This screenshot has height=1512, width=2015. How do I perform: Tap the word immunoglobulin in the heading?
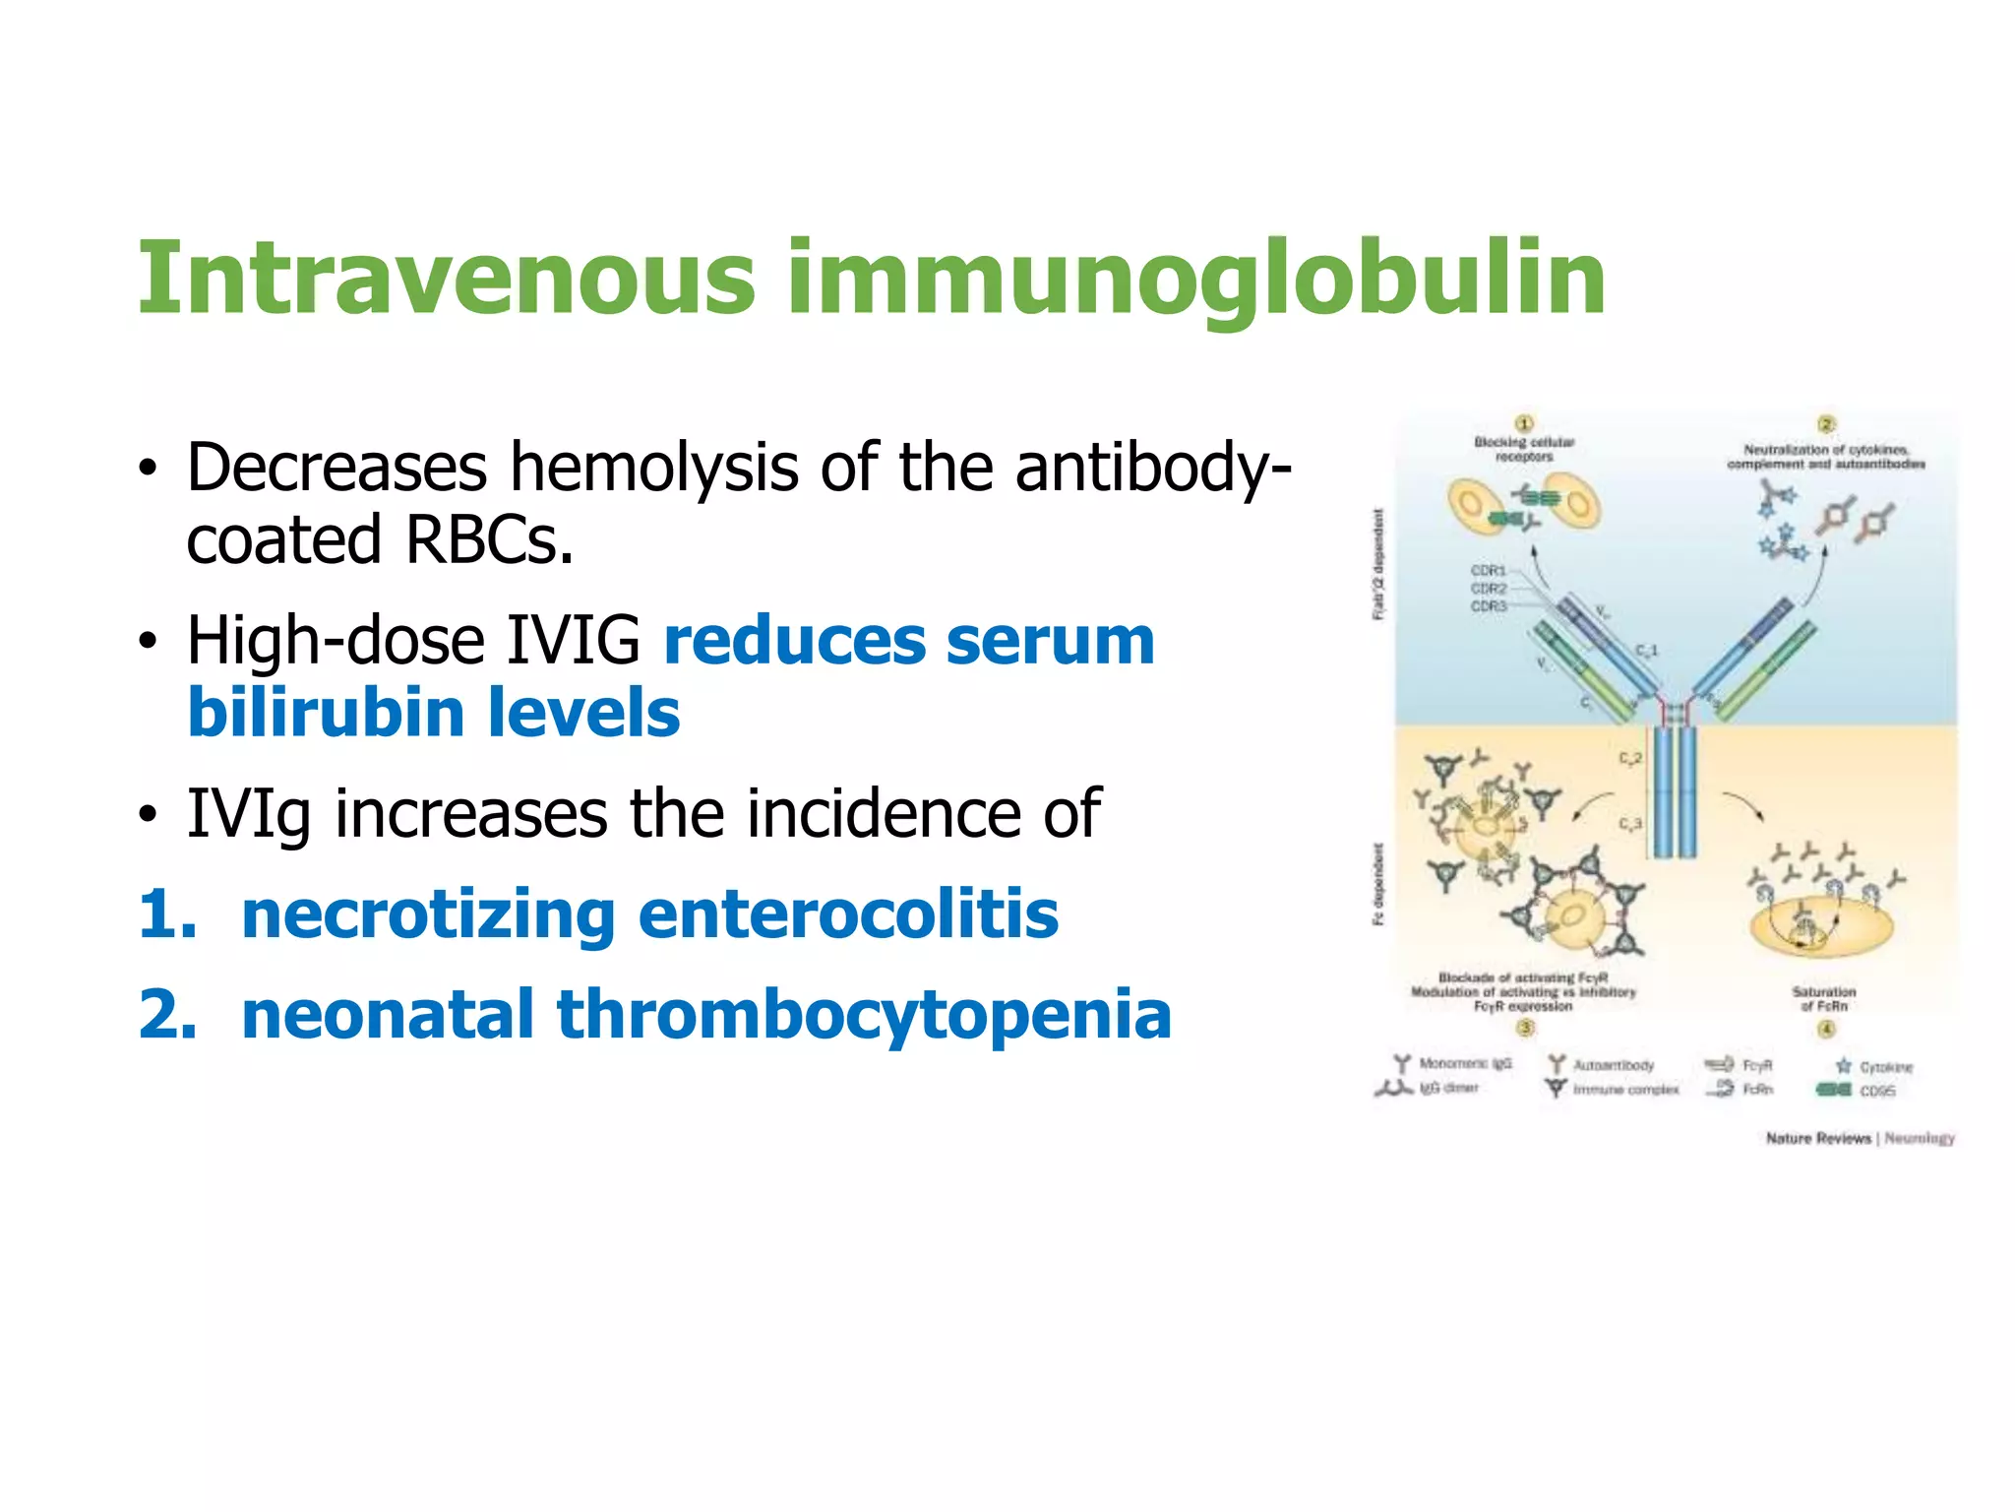click(1195, 281)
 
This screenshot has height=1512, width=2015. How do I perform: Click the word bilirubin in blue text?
click(324, 713)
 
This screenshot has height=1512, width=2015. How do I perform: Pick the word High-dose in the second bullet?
click(336, 640)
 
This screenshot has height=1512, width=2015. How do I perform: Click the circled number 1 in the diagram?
click(1524, 424)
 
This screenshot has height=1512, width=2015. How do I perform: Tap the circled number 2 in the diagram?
click(1826, 424)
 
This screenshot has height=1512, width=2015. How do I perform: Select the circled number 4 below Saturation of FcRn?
click(1826, 1029)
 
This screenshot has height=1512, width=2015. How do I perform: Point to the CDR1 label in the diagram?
click(1489, 571)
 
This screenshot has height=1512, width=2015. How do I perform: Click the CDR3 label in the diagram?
click(1489, 606)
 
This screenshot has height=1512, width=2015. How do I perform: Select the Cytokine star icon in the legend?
click(1844, 1066)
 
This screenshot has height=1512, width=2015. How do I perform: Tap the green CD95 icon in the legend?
click(1833, 1090)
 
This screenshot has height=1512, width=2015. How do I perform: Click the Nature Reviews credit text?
click(1818, 1139)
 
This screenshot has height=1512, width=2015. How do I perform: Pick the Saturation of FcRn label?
click(1824, 998)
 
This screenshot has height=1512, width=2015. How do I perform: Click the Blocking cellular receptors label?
click(1524, 449)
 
